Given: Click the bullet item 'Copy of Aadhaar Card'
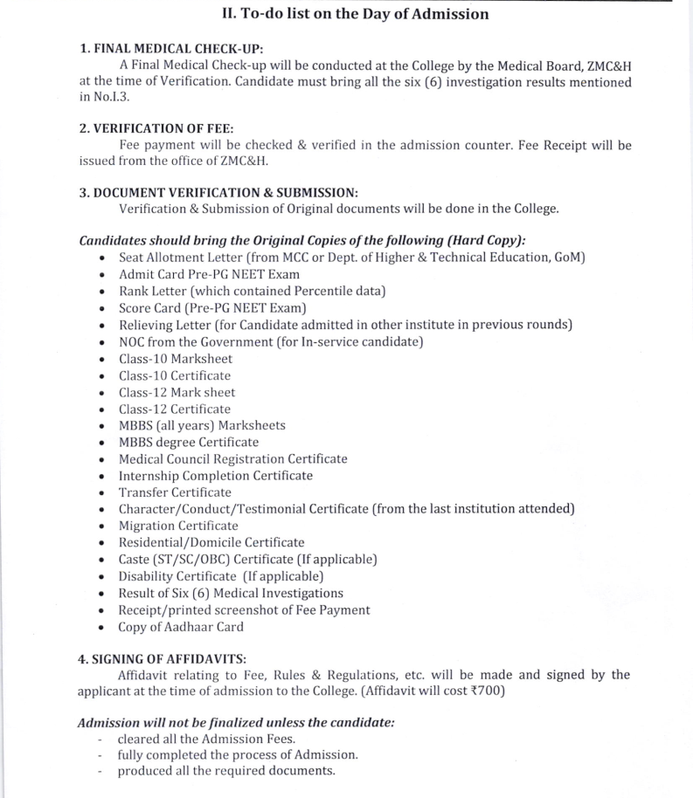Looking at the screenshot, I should pyautogui.click(x=181, y=627).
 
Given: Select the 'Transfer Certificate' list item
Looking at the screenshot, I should pyautogui.click(x=175, y=492).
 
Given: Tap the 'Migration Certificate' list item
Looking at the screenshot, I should pyautogui.click(x=178, y=526).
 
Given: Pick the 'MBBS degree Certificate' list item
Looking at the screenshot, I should pyautogui.click(x=189, y=442).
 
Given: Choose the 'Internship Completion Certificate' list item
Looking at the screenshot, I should pyautogui.click(x=215, y=476).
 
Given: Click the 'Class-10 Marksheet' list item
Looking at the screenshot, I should pyautogui.click(x=177, y=359).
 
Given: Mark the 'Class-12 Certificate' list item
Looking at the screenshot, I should pyautogui.click(x=175, y=409).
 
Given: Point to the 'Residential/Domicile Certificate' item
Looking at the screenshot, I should pyautogui.click(x=211, y=542).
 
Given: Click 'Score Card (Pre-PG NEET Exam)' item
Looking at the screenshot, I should pyautogui.click(x=212, y=308).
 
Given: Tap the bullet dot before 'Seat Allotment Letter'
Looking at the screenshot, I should pyautogui.click(x=103, y=258).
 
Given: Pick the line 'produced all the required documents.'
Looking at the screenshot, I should pyautogui.click(x=226, y=771).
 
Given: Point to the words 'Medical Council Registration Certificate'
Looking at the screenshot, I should pyautogui.click(x=232, y=459).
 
